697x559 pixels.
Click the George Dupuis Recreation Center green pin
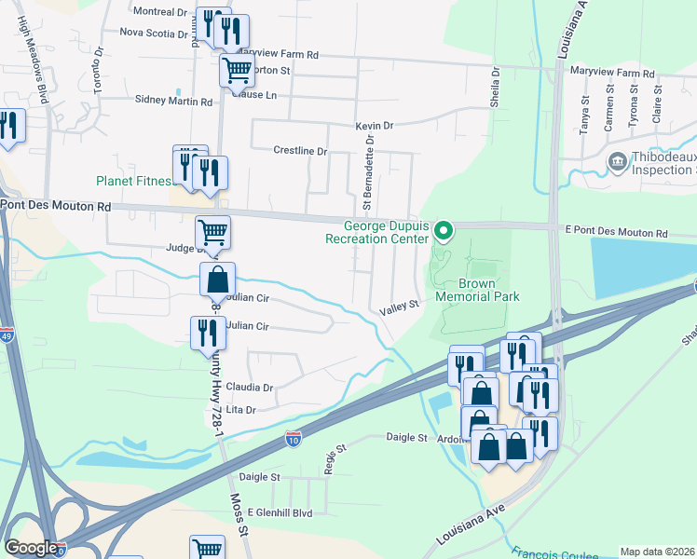(444, 228)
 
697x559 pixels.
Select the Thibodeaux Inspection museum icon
(618, 164)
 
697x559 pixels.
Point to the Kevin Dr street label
(375, 126)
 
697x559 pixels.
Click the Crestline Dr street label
(300, 151)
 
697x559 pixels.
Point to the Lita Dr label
(240, 409)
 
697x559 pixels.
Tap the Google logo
(31, 548)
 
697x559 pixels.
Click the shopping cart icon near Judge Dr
(212, 233)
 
